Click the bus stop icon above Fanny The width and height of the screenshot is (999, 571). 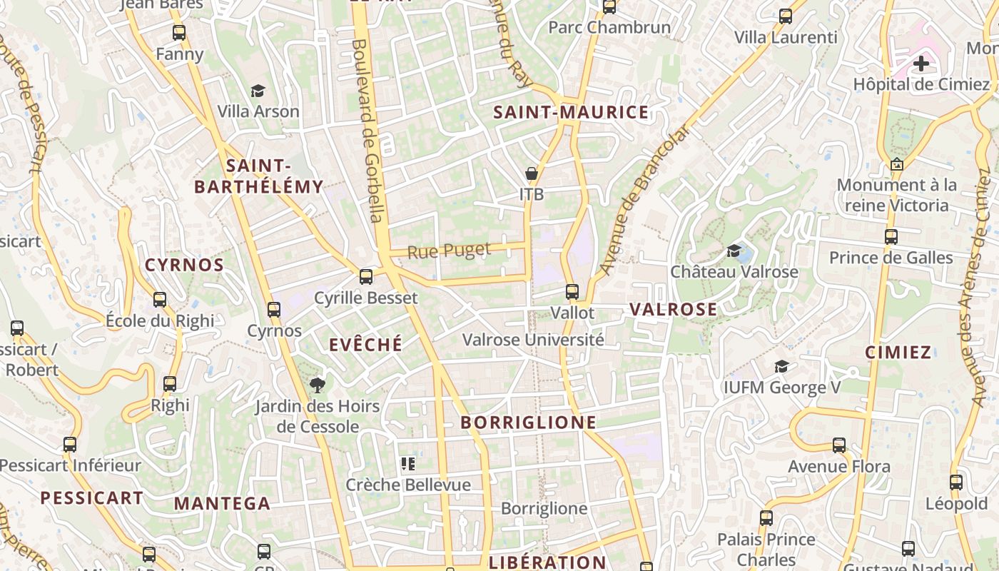pos(178,33)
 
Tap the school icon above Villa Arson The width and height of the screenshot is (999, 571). pos(258,91)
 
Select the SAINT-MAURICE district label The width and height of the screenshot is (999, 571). pos(571,112)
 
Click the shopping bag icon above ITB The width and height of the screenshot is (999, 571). pos(532,173)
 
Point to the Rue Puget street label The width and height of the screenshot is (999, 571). pos(449,251)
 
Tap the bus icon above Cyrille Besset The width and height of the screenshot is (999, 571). pos(366,276)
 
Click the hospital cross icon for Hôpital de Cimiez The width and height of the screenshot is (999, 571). pos(921,64)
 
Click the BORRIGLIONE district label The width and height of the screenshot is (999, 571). pos(528,423)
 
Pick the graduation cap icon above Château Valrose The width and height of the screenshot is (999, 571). pos(734,251)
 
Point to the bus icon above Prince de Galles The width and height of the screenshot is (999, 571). pos(891,237)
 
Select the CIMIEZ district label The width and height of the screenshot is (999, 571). pos(898,352)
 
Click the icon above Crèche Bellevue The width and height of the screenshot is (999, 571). pos(408,465)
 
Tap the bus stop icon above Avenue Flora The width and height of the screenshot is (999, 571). pos(839,445)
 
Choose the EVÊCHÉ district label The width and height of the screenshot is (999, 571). pos(365,345)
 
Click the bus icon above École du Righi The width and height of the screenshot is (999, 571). pos(160,300)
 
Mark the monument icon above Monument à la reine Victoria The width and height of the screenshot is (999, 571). pos(897,164)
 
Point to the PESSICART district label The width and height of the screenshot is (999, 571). pos(91,498)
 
